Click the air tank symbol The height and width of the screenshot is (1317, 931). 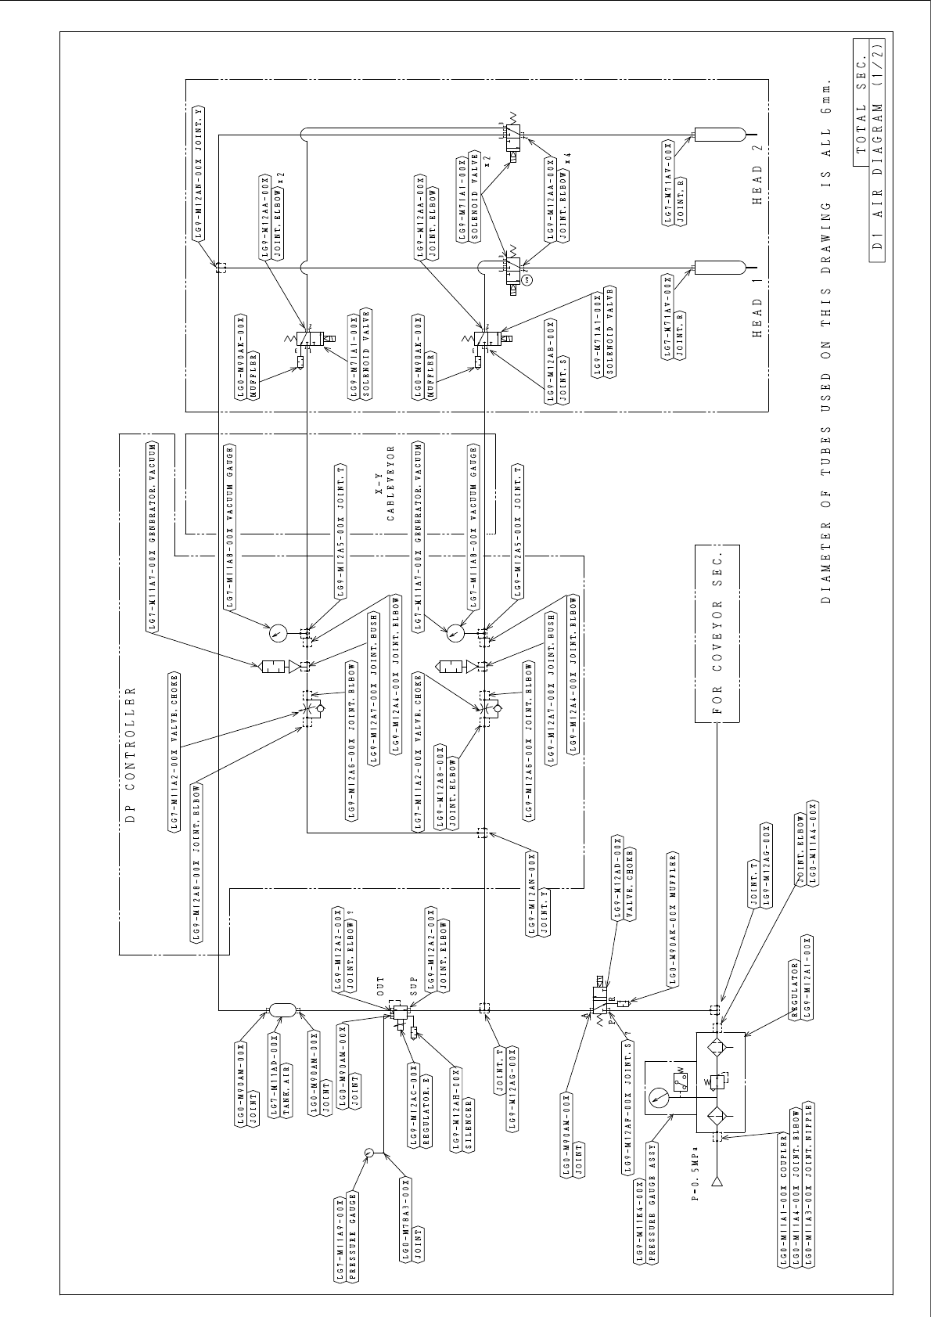point(282,1010)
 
